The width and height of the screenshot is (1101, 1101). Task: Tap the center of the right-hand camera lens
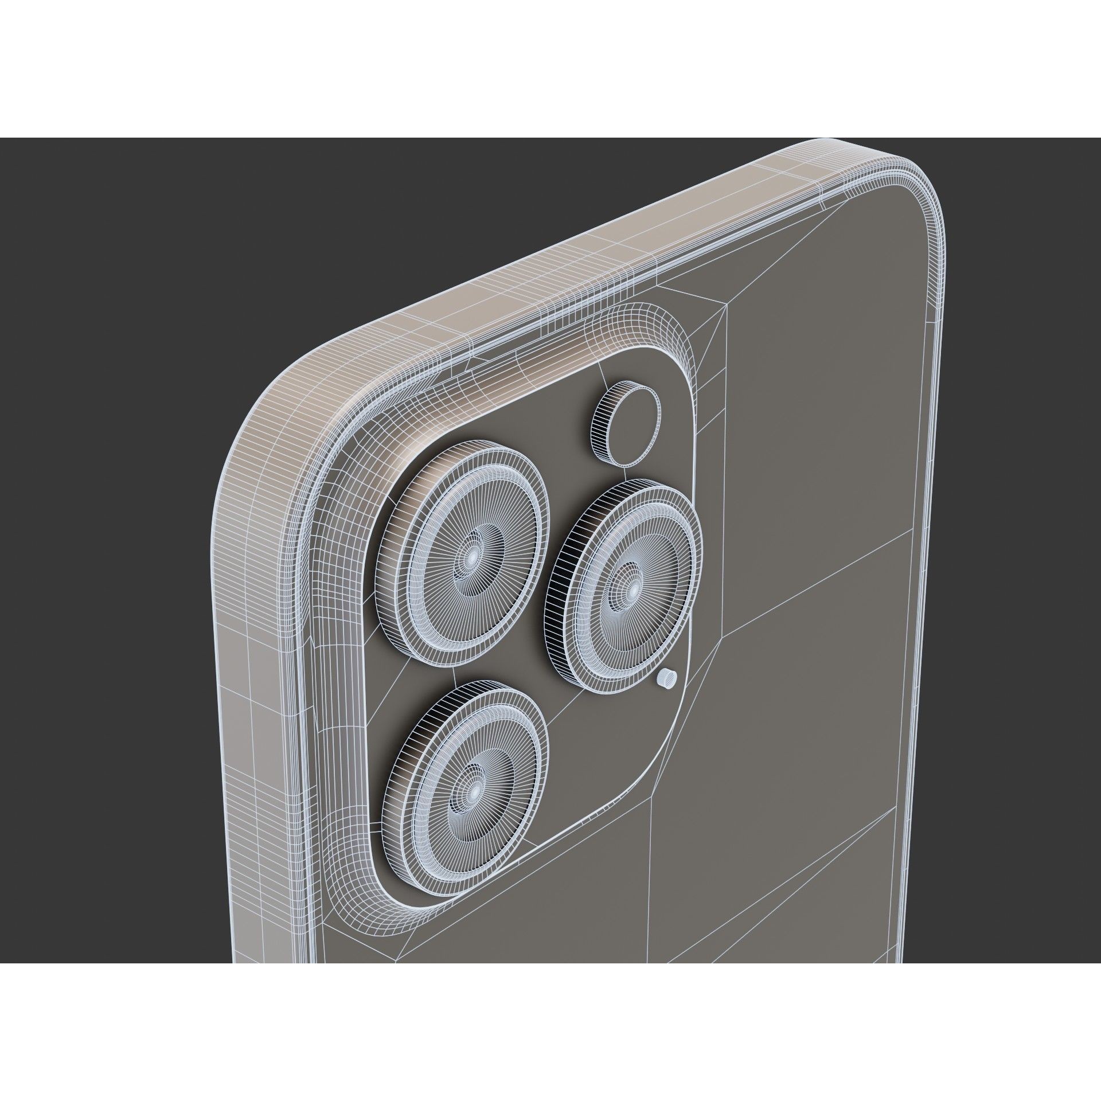click(x=634, y=588)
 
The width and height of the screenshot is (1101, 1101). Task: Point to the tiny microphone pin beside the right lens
click(x=667, y=680)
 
